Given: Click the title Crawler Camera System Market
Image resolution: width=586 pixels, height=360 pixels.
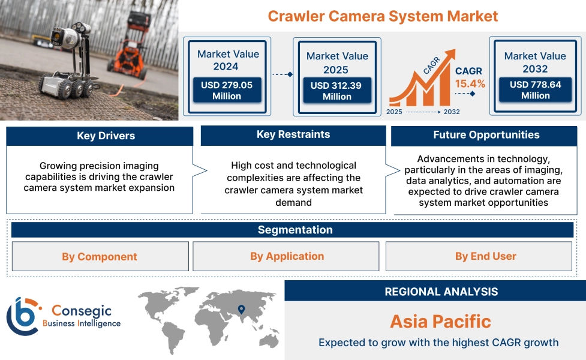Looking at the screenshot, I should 383,16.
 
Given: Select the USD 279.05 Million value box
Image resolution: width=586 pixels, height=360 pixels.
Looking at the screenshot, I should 227,91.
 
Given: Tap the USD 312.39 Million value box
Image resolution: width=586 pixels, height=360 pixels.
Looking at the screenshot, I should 336,91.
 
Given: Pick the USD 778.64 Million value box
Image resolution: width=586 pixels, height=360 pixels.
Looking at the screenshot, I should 535,90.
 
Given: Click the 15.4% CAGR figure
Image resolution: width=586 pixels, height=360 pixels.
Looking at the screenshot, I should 470,83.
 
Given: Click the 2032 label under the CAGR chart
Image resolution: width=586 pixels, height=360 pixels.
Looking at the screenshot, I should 452,112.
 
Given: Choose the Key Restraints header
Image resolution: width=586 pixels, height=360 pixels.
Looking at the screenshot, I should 293,134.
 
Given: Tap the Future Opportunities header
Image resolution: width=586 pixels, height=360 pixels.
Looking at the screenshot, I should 486,135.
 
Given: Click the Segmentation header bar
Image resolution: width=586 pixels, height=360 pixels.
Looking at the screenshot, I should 294,230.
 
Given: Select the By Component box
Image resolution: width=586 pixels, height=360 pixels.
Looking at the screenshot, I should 100,257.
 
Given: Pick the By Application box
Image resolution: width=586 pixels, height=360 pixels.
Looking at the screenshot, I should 287,256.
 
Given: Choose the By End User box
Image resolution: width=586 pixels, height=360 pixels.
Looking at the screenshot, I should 485,256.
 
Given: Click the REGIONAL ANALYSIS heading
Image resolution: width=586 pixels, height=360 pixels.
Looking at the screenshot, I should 441,292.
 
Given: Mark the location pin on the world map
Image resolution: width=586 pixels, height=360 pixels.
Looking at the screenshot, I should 241,310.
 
